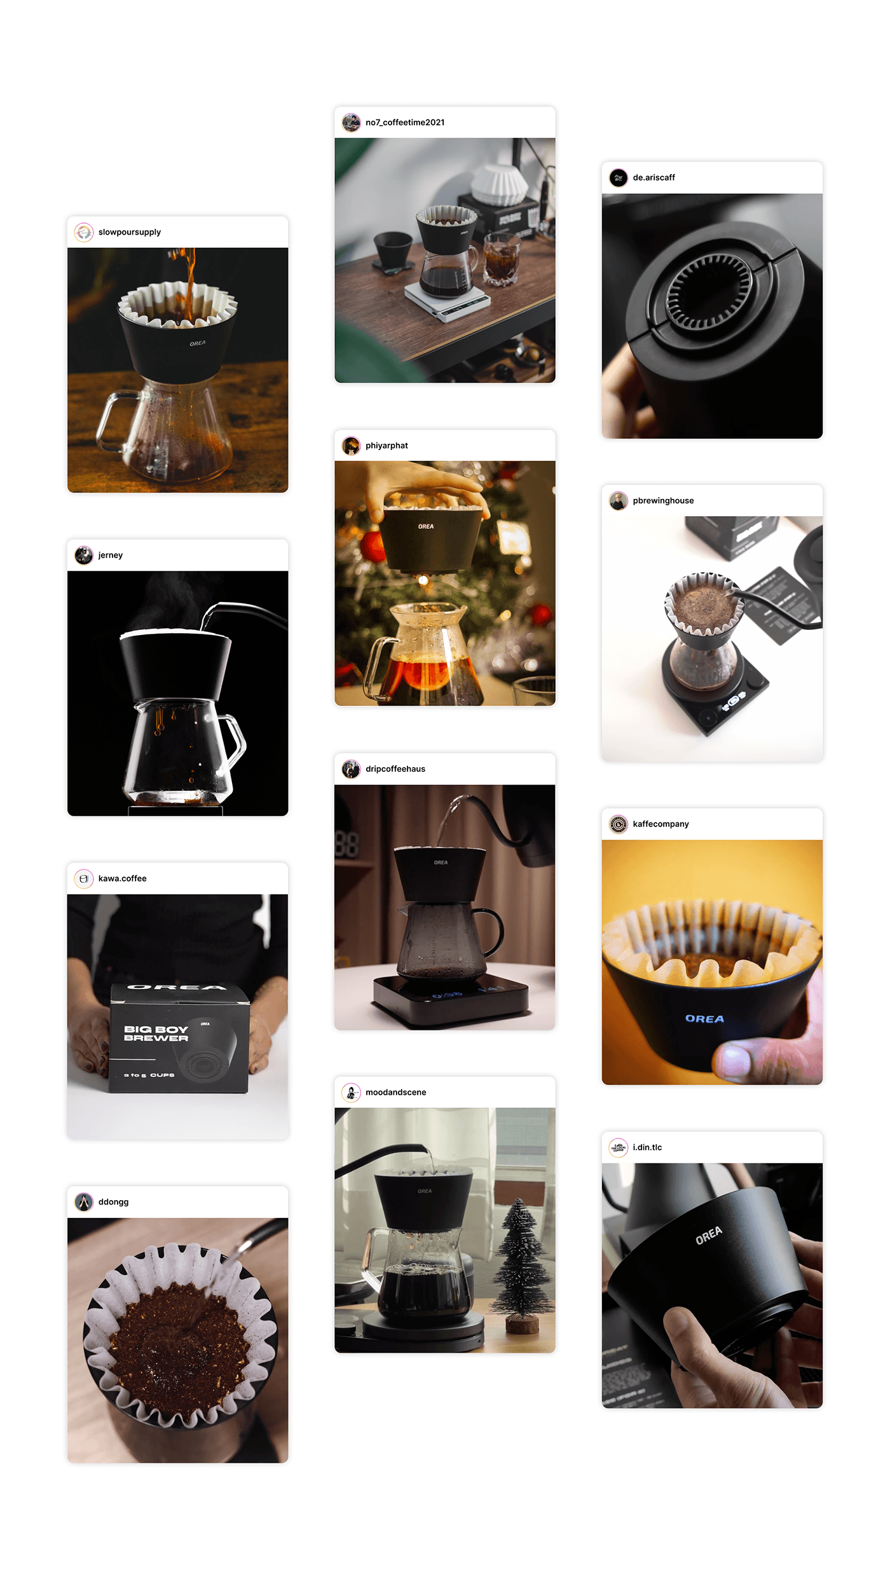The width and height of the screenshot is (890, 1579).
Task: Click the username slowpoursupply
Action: (129, 232)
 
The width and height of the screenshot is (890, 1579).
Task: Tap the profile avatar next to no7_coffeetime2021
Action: (351, 123)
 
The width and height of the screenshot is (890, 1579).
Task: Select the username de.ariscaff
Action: (654, 177)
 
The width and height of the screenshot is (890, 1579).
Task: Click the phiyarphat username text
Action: (387, 446)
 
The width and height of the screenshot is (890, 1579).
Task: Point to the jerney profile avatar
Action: (84, 556)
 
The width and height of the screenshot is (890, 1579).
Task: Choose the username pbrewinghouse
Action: (663, 501)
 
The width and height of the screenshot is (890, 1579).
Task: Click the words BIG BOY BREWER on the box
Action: (156, 1033)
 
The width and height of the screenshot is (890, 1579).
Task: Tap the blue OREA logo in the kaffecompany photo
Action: (704, 1018)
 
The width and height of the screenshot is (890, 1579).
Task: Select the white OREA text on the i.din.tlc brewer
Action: (708, 1234)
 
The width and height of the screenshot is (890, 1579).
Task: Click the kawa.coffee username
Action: (122, 878)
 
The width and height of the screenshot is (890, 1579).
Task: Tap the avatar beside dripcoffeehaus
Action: (351, 769)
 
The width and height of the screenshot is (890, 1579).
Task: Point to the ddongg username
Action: (113, 1202)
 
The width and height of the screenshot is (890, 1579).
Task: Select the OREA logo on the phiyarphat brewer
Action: (426, 526)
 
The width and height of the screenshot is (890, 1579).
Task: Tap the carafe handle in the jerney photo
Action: (234, 741)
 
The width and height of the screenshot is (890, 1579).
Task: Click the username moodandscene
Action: (395, 1092)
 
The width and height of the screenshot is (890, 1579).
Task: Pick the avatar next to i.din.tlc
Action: (618, 1147)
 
